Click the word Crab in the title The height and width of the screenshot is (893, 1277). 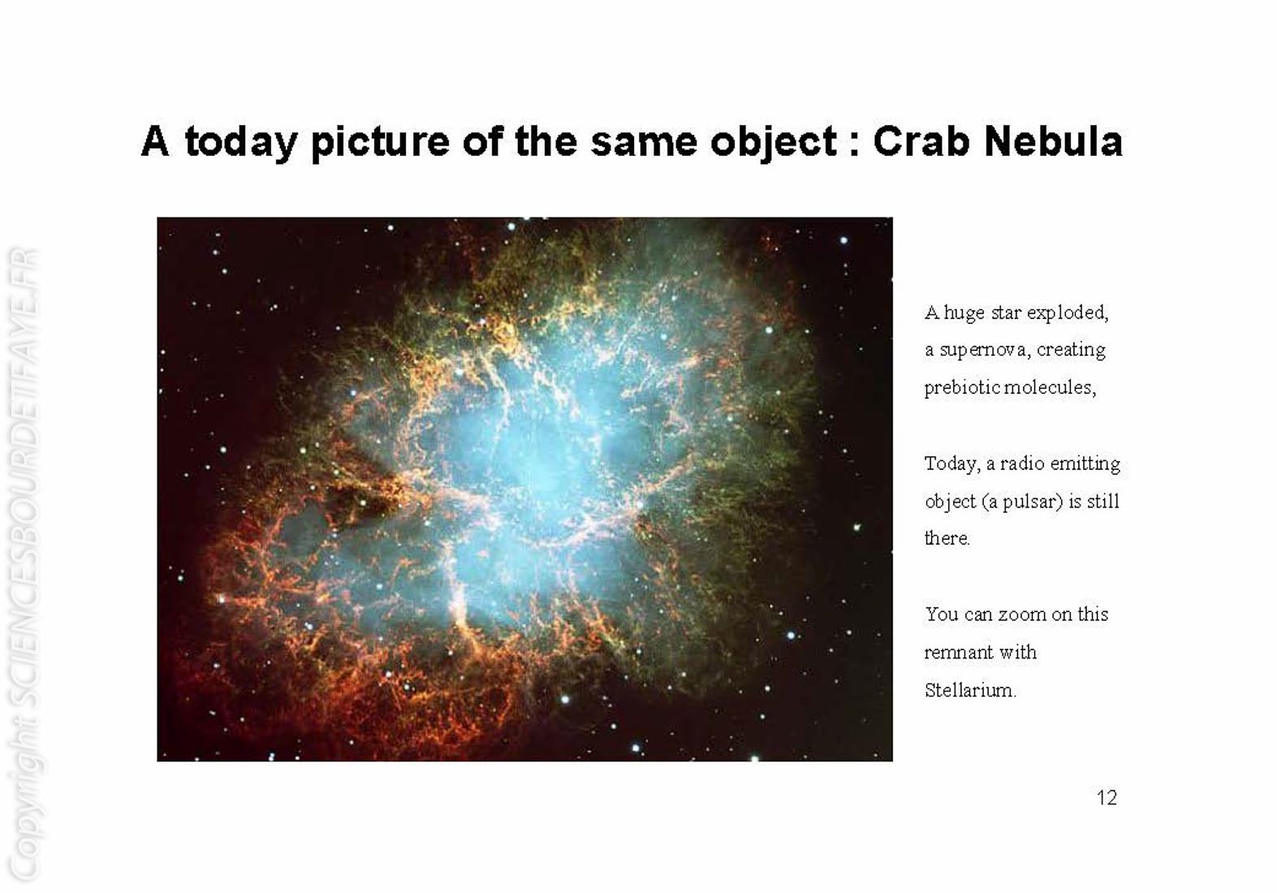921,141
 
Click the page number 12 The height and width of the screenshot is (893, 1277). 1107,797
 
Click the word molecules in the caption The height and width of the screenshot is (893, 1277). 1050,388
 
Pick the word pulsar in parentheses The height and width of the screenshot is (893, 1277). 1033,502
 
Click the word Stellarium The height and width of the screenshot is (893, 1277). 969,690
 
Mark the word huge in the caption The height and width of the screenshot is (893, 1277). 964,313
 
